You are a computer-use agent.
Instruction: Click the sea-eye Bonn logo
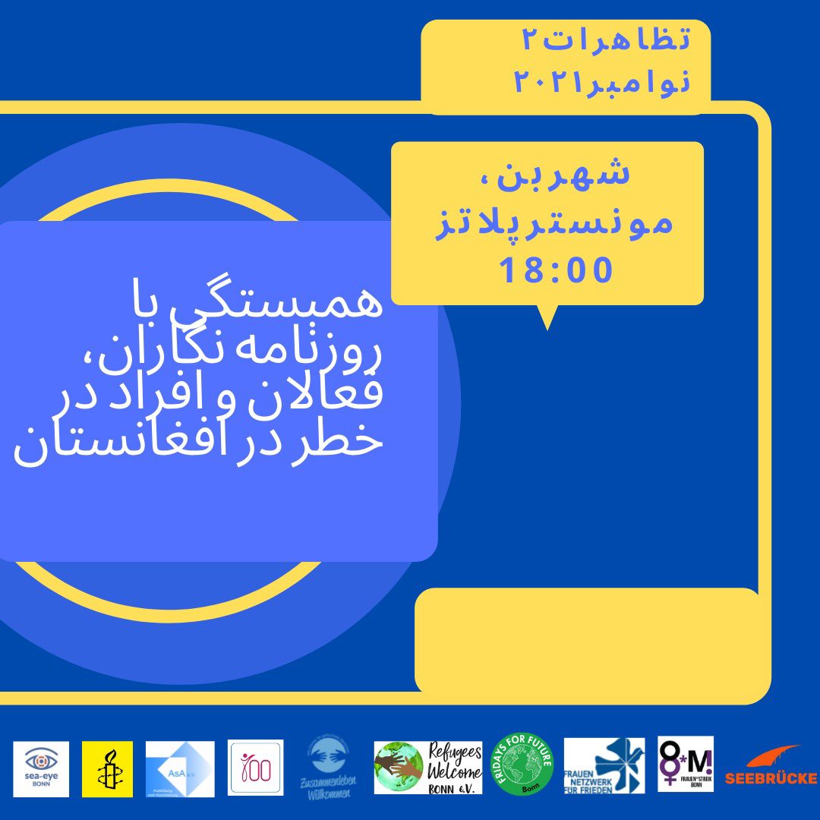coord(41,769)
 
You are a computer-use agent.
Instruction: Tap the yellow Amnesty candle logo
coord(107,769)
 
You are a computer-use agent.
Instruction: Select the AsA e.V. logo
coord(180,769)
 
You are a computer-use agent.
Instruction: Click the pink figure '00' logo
coord(255,768)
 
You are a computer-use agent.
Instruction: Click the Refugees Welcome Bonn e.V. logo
coord(427,768)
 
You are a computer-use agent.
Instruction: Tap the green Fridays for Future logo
coord(523,765)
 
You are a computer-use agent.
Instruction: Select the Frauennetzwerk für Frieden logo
coord(604,765)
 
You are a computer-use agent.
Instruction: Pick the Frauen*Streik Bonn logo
coord(685,764)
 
